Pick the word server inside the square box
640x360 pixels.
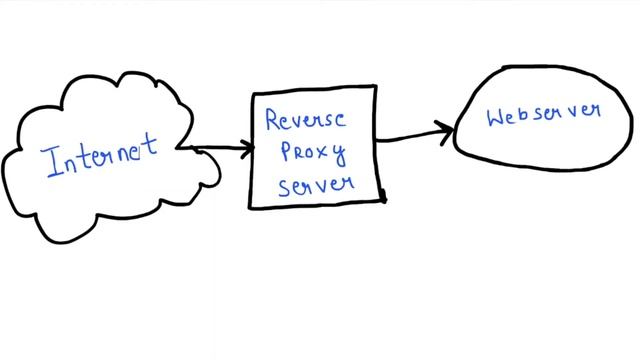click(315, 185)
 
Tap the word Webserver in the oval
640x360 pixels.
click(544, 114)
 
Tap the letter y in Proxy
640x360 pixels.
click(338, 157)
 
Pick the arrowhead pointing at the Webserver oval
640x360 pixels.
click(447, 129)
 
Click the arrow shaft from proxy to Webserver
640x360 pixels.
click(410, 135)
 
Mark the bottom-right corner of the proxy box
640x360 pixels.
click(384, 200)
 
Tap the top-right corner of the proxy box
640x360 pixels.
click(376, 87)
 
